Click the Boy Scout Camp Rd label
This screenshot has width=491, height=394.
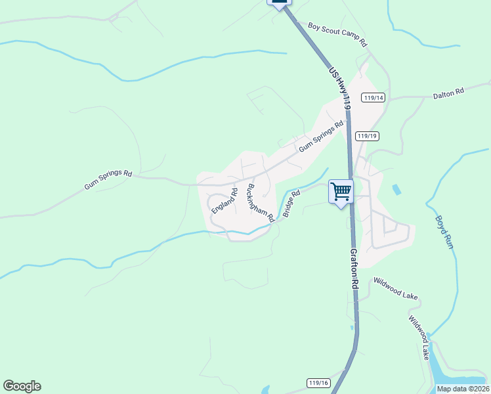click(337, 34)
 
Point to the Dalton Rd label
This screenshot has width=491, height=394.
click(448, 93)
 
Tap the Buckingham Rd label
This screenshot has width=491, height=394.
click(260, 202)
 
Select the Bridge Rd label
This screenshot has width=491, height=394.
click(291, 204)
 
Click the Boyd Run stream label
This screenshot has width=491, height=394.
click(444, 232)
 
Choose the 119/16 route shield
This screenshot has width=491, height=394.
click(318, 383)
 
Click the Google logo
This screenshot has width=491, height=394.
click(22, 386)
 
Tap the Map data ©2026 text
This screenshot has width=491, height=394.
click(462, 389)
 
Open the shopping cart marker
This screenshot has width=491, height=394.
click(341, 192)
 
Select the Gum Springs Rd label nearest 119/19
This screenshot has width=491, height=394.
click(321, 137)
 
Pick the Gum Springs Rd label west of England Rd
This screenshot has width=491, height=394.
click(108, 181)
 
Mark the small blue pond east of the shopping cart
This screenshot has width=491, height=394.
click(396, 190)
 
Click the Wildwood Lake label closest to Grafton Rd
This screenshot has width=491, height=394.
click(396, 288)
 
